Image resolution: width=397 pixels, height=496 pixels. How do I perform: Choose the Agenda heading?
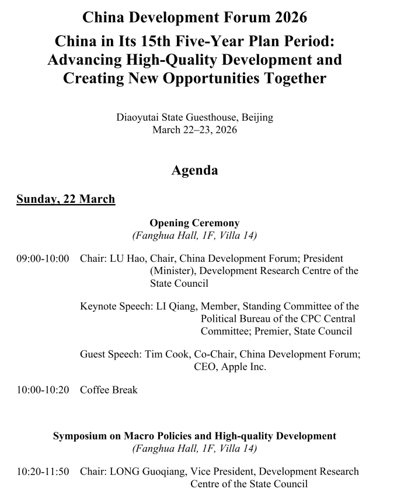click(x=194, y=170)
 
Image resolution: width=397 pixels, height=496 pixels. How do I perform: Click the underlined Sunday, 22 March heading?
click(x=65, y=199)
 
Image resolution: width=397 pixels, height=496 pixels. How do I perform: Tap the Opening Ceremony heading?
click(x=194, y=223)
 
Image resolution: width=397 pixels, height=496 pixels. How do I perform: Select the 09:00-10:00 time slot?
click(x=43, y=258)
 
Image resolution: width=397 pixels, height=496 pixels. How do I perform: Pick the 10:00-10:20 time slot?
click(x=43, y=390)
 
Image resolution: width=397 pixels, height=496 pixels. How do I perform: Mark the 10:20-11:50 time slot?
click(x=43, y=471)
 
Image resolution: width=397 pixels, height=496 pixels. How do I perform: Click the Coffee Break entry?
click(x=109, y=390)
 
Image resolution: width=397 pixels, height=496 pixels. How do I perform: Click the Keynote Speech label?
click(x=116, y=307)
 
